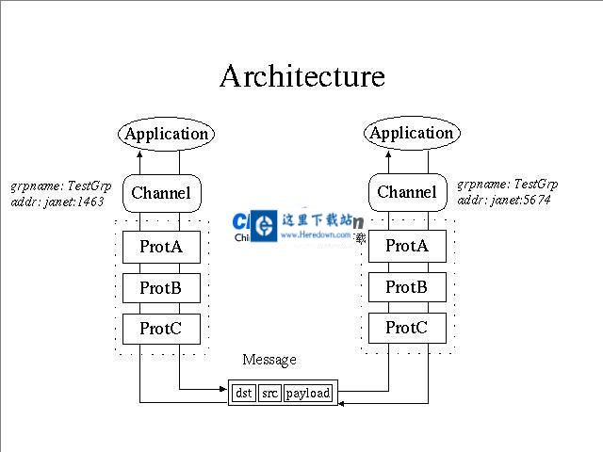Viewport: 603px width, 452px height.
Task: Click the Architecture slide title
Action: click(x=301, y=76)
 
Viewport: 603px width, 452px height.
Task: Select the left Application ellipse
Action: click(x=166, y=134)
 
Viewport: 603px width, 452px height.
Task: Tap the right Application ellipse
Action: click(x=411, y=133)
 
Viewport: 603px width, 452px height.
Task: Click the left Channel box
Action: click(x=161, y=193)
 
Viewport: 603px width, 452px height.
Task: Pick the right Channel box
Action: click(x=407, y=192)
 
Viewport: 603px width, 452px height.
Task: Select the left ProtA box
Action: click(x=161, y=247)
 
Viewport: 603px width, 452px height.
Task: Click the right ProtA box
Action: click(x=406, y=246)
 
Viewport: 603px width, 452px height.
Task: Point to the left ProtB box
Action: click(x=161, y=287)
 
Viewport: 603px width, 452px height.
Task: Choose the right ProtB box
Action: click(x=406, y=286)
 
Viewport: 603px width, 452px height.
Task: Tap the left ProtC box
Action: click(x=161, y=328)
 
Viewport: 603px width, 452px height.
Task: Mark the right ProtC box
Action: click(x=406, y=327)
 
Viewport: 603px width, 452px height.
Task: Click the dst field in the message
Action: click(x=243, y=393)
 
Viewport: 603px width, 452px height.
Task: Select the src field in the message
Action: click(x=269, y=393)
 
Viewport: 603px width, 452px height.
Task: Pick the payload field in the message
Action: click(x=308, y=393)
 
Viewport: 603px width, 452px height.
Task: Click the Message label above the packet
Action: click(x=269, y=360)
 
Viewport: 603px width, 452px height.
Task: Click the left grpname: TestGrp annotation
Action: click(x=60, y=186)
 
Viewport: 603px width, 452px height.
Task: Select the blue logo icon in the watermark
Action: click(x=266, y=224)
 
